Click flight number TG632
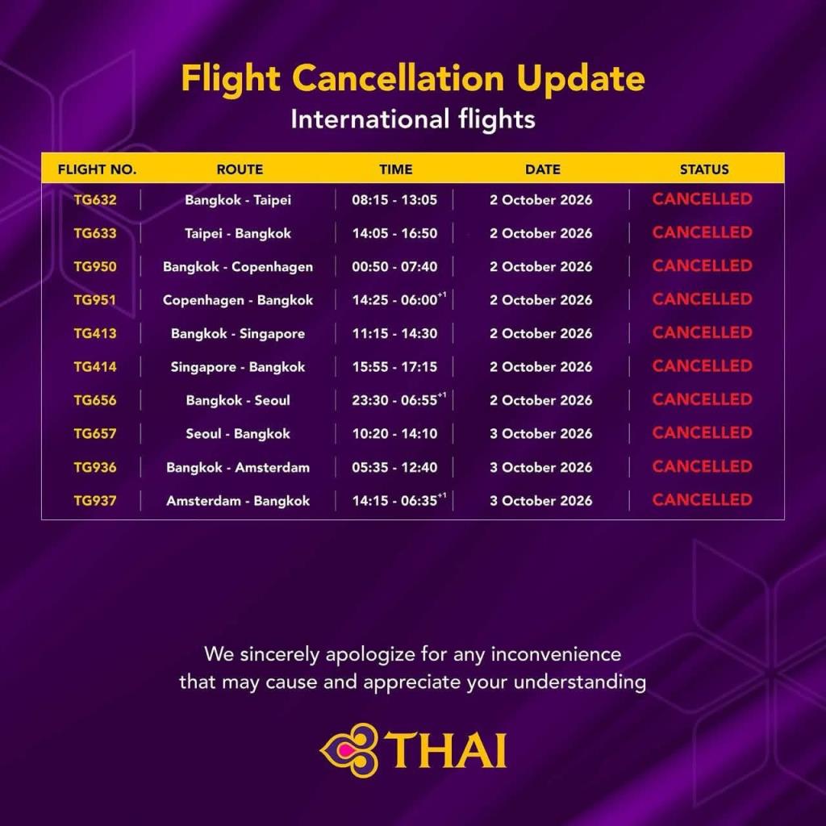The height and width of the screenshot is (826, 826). tap(95, 200)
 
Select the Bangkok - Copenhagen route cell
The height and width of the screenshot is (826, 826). tap(238, 266)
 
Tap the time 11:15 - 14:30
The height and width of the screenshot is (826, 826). tap(394, 333)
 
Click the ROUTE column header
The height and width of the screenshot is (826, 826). tap(240, 169)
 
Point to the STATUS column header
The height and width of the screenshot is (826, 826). tap(704, 169)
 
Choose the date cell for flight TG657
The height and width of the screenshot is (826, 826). tap(541, 433)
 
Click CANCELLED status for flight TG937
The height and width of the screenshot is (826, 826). tap(703, 500)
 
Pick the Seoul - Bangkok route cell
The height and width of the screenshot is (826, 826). tap(238, 433)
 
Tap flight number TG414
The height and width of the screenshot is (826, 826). tap(95, 367)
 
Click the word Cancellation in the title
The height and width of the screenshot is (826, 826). tap(398, 78)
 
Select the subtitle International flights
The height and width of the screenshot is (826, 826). tap(413, 119)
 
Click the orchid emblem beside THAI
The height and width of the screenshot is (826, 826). tap(349, 750)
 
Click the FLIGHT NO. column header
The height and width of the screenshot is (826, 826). tap(97, 169)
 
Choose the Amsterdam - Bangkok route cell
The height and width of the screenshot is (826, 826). tap(238, 500)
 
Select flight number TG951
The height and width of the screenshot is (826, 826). tap(95, 300)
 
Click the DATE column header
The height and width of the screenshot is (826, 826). tap(543, 169)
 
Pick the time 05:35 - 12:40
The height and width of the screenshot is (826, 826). tap(394, 467)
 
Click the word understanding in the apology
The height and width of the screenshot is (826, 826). tap(579, 682)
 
